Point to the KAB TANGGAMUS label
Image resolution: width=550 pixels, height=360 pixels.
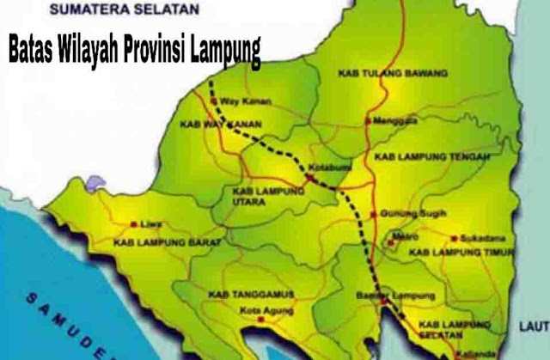pos(249,294)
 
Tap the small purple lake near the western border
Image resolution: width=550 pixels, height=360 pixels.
pos(95,182)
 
